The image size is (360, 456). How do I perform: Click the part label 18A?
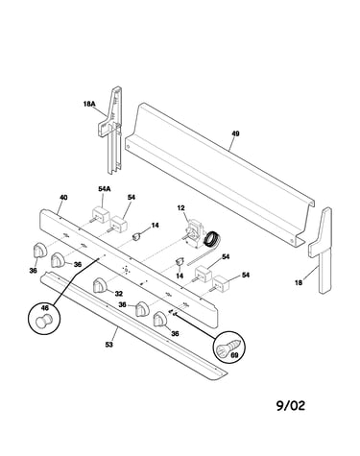pos(89,104)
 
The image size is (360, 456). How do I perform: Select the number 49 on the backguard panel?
pos(235,133)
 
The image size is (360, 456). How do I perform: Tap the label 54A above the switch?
pos(105,189)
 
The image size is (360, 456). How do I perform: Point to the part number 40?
pos(63,198)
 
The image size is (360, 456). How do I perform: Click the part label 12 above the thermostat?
pos(180,208)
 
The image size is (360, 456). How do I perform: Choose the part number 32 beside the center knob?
pos(119,294)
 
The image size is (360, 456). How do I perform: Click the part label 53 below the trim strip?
pos(109,345)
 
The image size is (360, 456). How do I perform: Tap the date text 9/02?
pos(291,406)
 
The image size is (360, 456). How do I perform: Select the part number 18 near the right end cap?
pos(299,282)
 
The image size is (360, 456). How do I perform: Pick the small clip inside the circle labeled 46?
pos(43,321)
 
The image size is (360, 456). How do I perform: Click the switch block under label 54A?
pos(101,215)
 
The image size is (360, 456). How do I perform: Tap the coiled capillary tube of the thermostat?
pos(211,240)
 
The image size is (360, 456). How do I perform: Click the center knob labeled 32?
pos(100,285)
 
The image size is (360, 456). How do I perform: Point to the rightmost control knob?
pos(160,319)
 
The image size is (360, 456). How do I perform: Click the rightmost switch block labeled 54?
pos(222,283)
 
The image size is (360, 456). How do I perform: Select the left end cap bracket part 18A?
pos(110,130)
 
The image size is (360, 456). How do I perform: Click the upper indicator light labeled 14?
pos(137,237)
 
